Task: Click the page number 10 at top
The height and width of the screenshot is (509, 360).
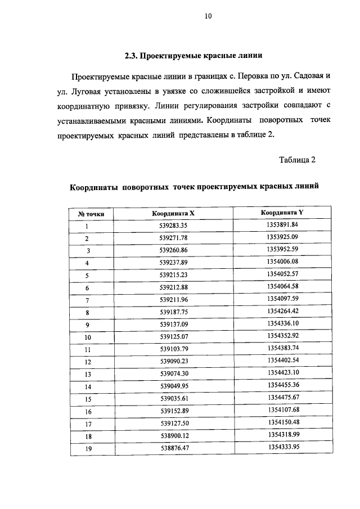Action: [x=207, y=17]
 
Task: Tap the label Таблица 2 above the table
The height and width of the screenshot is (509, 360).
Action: [x=297, y=159]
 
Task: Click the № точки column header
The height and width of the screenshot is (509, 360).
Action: [x=87, y=214]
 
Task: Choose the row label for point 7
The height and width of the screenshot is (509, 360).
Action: [x=87, y=300]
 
